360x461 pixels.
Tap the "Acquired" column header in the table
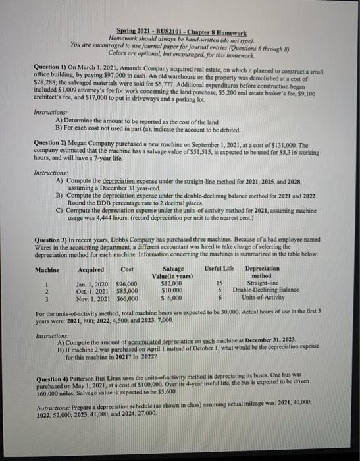click(x=91, y=269)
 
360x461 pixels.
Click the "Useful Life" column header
click(x=219, y=269)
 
